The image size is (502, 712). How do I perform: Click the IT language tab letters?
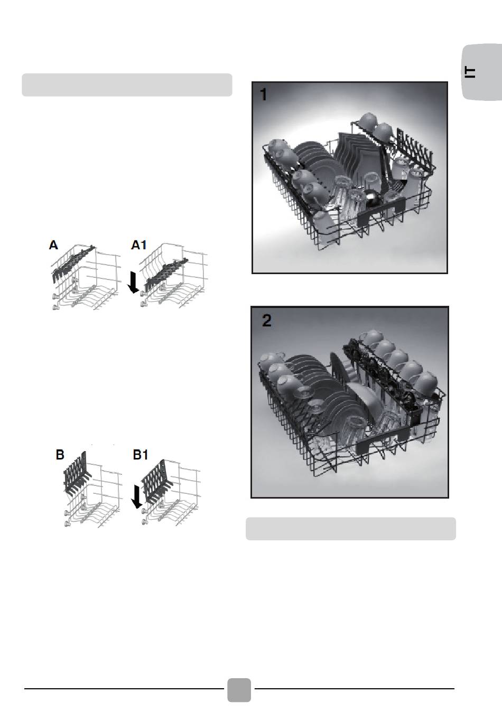[470, 72]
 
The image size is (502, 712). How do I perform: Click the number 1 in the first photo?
[263, 95]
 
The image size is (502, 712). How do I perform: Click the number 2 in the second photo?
[266, 321]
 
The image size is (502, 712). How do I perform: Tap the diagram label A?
[53, 245]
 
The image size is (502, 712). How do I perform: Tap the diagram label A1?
[139, 245]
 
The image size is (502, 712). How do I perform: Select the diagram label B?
[60, 455]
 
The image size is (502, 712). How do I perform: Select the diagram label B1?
[141, 455]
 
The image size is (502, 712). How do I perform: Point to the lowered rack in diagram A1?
[165, 274]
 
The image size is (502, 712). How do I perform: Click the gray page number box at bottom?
[239, 690]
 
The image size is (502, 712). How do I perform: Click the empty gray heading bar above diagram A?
[127, 85]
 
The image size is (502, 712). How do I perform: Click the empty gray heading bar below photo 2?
[351, 529]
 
